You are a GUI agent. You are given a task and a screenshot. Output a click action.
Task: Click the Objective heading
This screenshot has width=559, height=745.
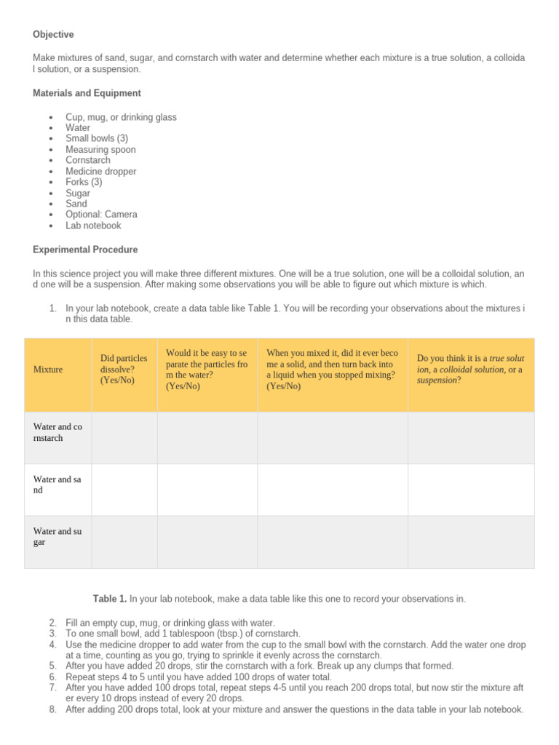(53, 35)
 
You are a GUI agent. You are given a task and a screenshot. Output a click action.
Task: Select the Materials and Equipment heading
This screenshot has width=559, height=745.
(87, 93)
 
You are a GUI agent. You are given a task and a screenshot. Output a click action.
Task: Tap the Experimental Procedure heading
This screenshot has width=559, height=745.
(85, 250)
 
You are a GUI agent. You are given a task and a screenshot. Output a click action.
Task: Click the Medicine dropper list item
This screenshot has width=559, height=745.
(100, 172)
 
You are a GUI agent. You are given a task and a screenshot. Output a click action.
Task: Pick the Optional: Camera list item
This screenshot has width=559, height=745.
(101, 215)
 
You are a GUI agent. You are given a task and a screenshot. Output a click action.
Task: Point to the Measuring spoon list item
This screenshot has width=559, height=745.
(100, 150)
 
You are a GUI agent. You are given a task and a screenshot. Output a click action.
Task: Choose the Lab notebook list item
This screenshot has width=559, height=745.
(93, 226)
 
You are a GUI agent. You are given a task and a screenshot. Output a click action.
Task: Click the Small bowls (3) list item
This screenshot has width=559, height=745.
(97, 139)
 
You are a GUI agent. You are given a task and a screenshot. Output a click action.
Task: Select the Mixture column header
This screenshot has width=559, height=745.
(48, 370)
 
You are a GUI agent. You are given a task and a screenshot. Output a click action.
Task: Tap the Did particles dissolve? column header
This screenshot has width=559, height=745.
(124, 369)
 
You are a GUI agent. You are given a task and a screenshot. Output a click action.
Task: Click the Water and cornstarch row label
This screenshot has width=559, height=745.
(58, 433)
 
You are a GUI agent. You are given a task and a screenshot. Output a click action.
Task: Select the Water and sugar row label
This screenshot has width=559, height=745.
(58, 537)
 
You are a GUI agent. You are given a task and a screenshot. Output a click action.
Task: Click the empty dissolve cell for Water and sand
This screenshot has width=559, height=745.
(124, 490)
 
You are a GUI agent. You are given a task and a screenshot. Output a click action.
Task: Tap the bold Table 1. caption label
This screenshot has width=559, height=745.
(110, 599)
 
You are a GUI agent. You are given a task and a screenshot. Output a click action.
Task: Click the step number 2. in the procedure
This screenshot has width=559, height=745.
(53, 623)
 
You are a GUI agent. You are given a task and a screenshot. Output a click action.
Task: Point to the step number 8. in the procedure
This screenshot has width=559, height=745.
(53, 709)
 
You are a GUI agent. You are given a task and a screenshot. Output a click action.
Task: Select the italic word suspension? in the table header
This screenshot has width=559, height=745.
(440, 380)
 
